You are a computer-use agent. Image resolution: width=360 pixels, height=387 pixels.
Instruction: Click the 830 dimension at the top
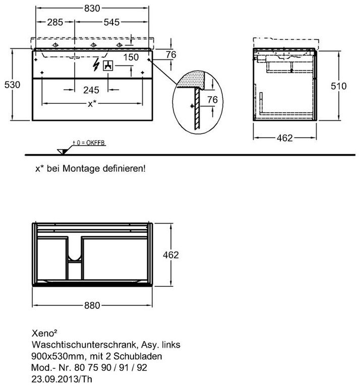coord(92,9)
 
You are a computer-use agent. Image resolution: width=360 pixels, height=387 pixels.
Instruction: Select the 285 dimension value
coord(55,22)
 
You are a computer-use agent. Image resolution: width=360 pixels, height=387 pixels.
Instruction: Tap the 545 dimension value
coord(111,22)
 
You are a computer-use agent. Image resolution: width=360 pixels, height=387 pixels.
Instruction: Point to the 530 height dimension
coord(12,85)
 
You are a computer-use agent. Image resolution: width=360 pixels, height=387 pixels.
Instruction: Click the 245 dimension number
coord(91,90)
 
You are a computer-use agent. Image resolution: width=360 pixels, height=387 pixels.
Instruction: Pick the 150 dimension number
coord(131,57)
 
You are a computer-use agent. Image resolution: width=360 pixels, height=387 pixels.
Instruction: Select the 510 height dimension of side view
coord(338,86)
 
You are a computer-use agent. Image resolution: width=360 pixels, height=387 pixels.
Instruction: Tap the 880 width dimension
coord(92,305)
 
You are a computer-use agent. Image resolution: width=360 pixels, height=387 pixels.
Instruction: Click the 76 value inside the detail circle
coord(212,100)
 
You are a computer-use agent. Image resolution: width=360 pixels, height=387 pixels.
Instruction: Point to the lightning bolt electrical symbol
coord(96,64)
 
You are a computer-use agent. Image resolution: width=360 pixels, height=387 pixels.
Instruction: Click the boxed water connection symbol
coord(108,66)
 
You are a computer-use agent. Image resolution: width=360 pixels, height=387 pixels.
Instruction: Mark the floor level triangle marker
coord(62,152)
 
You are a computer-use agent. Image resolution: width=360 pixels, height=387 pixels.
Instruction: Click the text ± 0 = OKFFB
coord(89,143)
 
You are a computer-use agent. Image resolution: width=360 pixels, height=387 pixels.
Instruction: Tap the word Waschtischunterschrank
coord(84,345)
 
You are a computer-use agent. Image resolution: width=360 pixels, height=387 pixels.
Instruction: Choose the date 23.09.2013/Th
coord(62,379)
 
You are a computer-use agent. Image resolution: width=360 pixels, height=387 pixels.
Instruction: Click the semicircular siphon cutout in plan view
coord(74,258)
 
